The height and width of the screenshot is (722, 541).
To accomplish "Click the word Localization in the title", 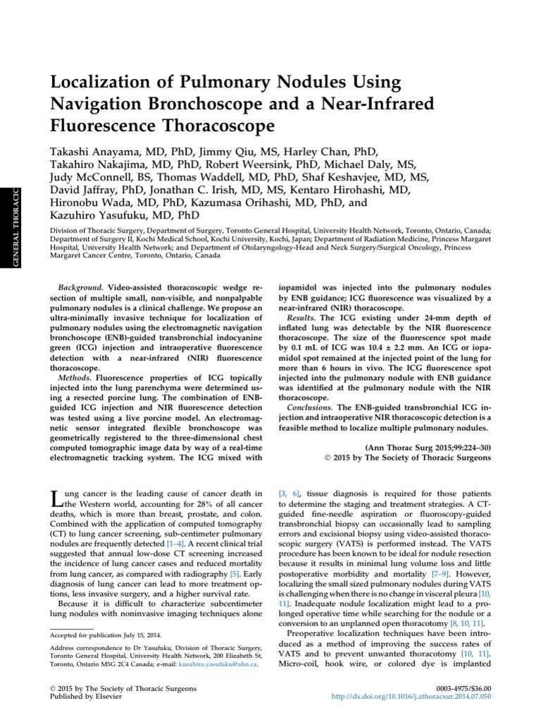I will point(99,83).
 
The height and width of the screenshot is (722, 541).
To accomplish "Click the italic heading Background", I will point(81,289).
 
